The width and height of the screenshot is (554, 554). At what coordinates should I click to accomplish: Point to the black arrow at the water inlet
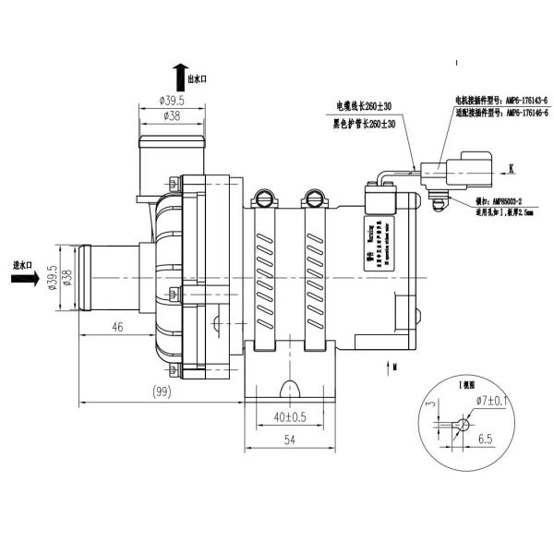(x=26, y=278)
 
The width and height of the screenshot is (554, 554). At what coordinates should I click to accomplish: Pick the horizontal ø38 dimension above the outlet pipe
(x=172, y=116)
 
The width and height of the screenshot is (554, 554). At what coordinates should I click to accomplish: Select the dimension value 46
(x=117, y=326)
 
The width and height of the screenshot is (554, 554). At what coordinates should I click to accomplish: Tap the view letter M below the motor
(x=394, y=367)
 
